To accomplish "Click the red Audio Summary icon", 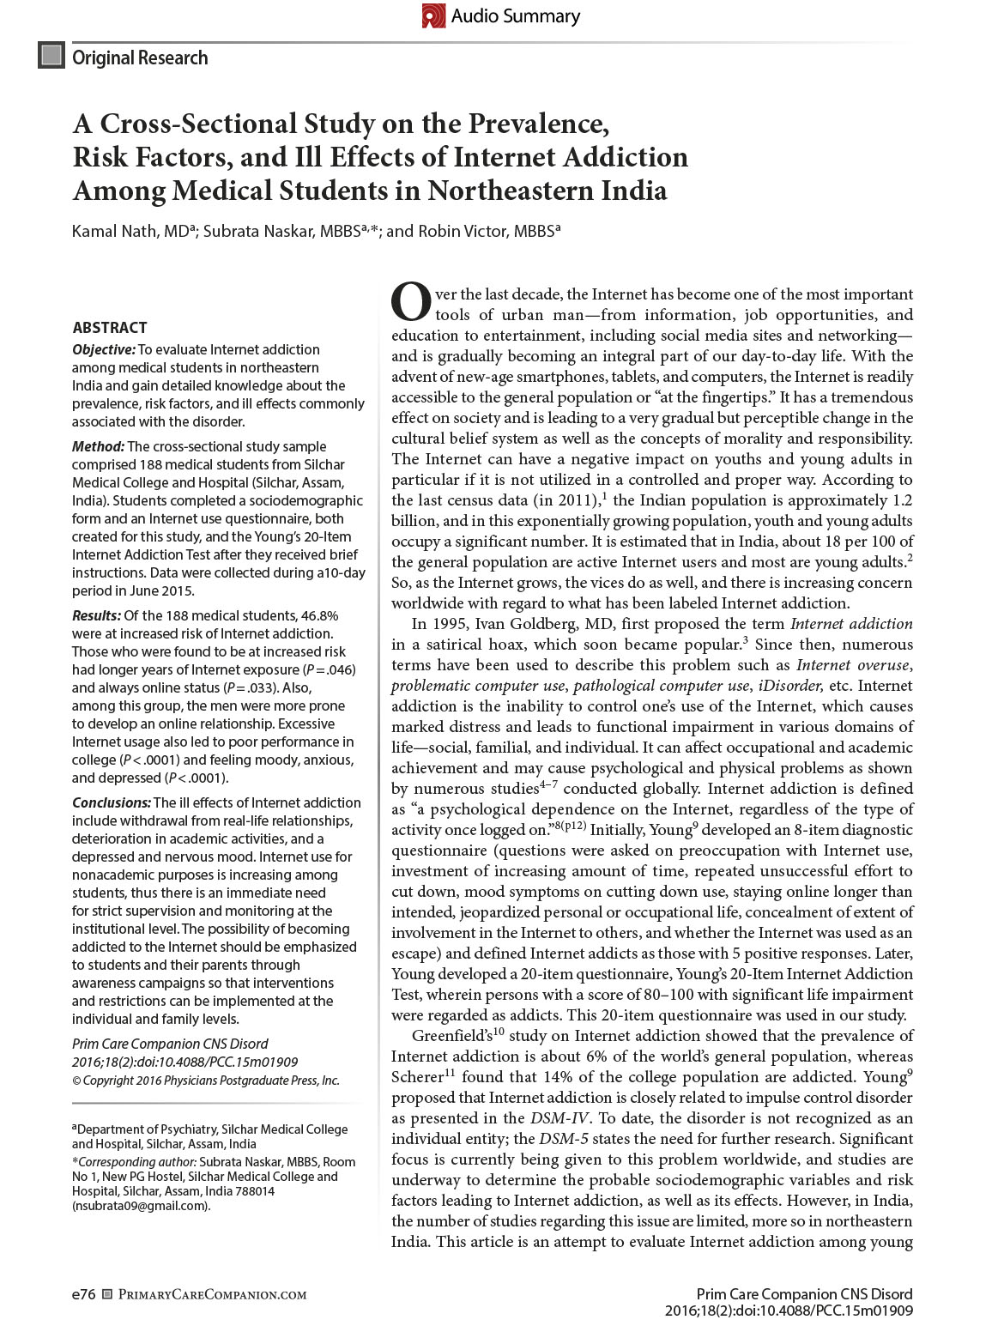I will click(434, 15).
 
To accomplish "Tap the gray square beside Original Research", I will click(51, 56).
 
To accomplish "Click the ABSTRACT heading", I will click(110, 327).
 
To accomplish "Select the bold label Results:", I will click(97, 615).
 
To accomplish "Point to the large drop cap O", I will click(410, 300).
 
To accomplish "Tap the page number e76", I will click(83, 1294).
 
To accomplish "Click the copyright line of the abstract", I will click(205, 1081).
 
